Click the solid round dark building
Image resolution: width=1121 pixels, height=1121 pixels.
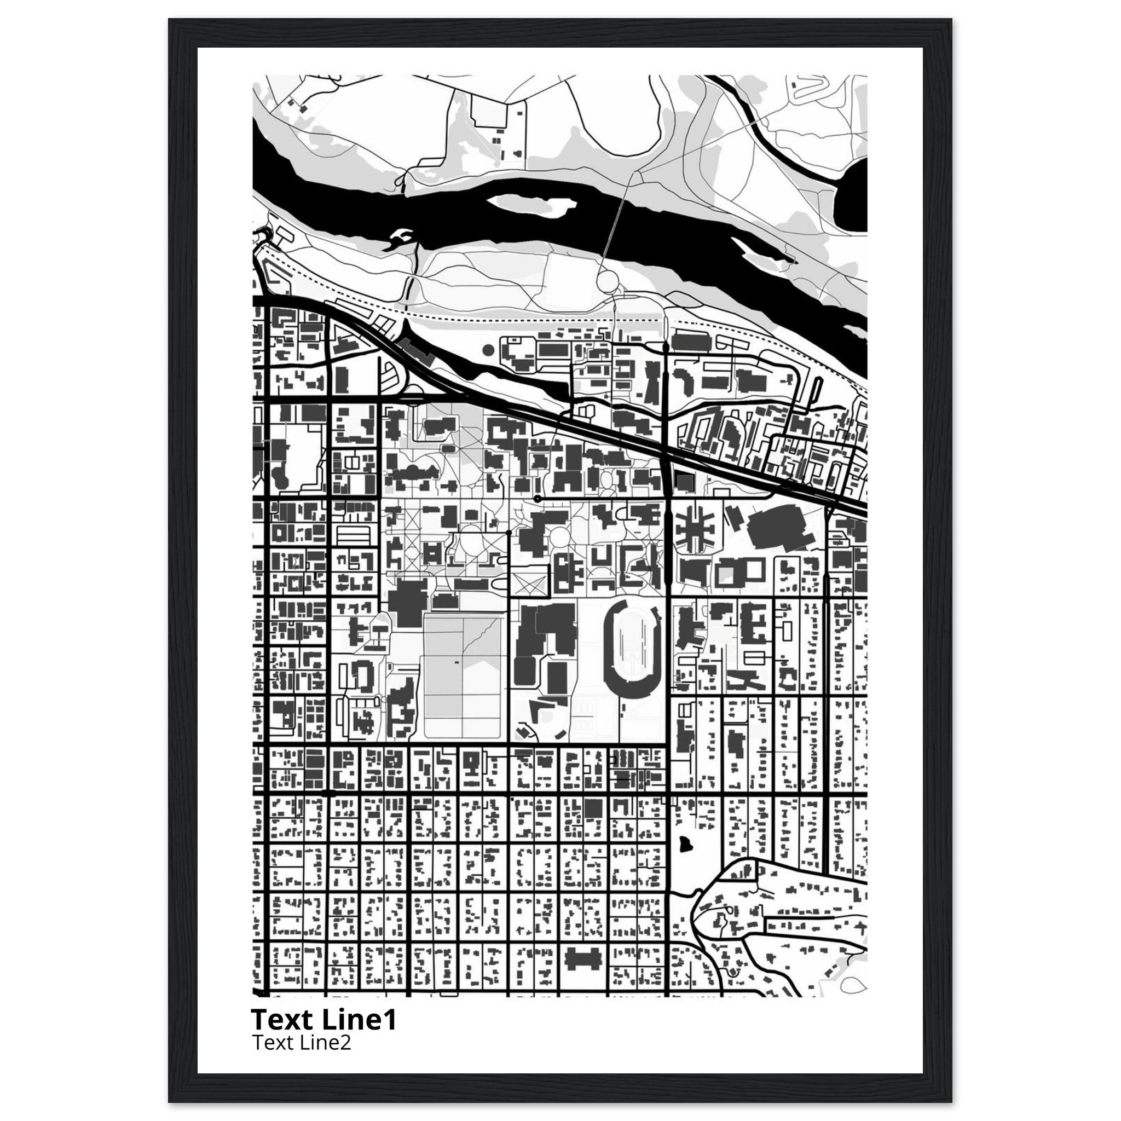click(x=488, y=349)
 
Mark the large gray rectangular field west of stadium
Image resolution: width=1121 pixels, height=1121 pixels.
click(x=463, y=677)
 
